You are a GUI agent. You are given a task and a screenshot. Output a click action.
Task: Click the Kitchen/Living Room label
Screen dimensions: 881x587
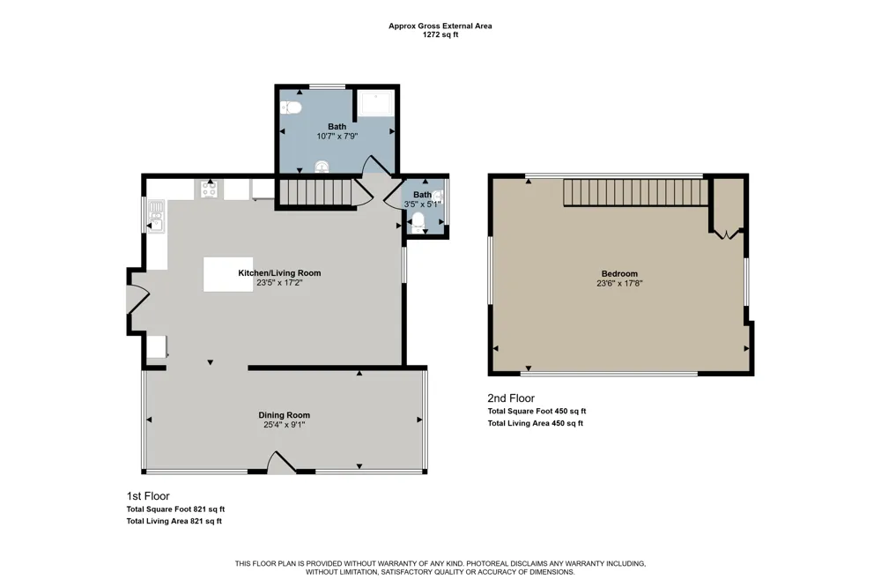[279, 272]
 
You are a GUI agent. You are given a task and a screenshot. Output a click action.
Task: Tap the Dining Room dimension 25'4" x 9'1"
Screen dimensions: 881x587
[284, 425]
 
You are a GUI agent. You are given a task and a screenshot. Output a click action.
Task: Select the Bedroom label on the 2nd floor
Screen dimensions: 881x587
[619, 274]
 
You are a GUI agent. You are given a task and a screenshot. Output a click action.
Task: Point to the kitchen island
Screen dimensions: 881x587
[228, 274]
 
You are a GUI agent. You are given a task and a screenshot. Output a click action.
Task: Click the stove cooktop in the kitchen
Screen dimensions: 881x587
[209, 189]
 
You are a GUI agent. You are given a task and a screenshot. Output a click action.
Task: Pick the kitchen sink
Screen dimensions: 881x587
[156, 217]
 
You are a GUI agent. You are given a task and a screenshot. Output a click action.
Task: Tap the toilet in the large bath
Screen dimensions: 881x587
[291, 108]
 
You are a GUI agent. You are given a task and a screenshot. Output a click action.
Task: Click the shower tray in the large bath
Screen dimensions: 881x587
[376, 103]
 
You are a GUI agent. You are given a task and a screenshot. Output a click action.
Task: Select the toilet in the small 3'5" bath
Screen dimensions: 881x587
[418, 222]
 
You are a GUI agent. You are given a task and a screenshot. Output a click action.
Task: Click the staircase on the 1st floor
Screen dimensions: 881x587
[315, 192]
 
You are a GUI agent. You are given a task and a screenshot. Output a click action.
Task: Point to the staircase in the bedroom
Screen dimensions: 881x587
[635, 192]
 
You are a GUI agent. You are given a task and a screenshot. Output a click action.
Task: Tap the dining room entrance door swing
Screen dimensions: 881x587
[281, 462]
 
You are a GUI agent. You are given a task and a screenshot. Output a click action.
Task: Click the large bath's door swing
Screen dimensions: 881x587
[376, 166]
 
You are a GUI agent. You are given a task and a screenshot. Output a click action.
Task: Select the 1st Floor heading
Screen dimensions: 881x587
[148, 496]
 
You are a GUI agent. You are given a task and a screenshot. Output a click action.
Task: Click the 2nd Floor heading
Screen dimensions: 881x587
[511, 398]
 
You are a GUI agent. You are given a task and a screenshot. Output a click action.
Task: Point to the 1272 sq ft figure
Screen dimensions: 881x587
[440, 34]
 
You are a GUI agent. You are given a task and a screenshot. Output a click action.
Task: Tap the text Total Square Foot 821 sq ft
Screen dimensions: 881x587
[175, 509]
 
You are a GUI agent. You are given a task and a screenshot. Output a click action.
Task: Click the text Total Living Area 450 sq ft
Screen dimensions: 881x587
[535, 423]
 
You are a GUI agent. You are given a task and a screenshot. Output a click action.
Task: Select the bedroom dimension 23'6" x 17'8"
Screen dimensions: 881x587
[619, 284]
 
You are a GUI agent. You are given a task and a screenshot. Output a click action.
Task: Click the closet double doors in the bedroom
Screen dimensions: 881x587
[728, 234]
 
